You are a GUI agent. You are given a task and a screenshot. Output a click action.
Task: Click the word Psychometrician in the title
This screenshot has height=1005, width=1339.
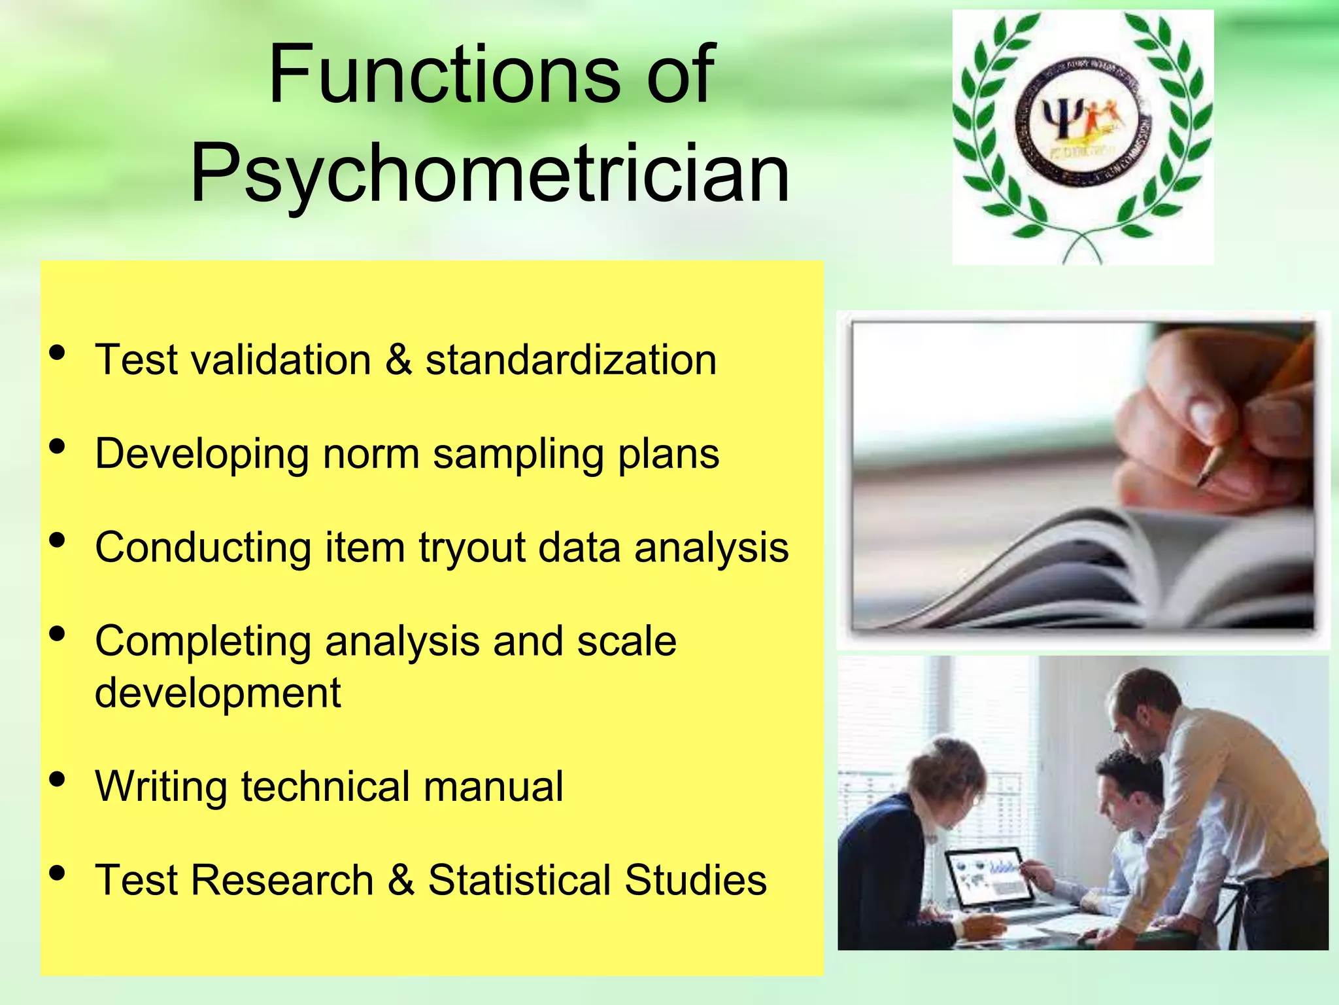490,173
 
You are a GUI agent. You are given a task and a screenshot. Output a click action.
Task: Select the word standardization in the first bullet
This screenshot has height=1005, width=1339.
571,360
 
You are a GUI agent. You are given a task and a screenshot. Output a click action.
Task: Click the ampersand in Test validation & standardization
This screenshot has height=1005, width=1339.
399,360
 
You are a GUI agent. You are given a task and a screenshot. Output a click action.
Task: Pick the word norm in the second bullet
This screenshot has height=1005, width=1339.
370,453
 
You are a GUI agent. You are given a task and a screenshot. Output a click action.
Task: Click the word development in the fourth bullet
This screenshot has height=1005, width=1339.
218,693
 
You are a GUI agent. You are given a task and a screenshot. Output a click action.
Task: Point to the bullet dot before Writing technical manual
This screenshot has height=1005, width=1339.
58,779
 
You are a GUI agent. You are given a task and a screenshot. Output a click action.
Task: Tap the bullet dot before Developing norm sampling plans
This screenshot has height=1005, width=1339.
58,447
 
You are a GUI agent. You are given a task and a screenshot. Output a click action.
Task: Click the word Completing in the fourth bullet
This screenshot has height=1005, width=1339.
203,641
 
